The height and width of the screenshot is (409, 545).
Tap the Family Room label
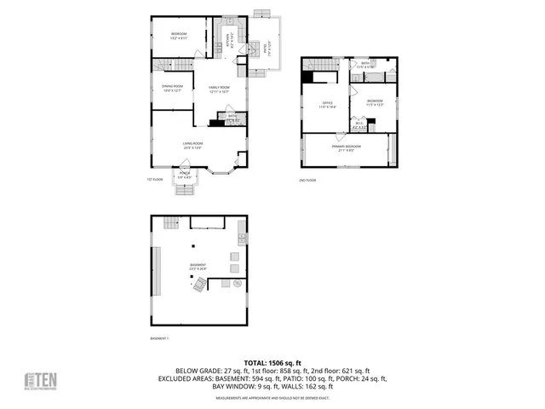click(x=209, y=88)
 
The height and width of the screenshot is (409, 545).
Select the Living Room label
click(x=192, y=145)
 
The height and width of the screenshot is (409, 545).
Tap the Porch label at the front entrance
click(x=185, y=175)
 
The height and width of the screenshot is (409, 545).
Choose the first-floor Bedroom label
click(x=179, y=35)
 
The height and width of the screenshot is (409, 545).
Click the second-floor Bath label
click(x=364, y=65)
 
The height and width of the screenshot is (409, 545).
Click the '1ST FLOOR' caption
click(x=154, y=181)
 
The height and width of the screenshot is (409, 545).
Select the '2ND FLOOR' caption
click(x=307, y=181)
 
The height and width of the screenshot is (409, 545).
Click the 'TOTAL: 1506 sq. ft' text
click(x=272, y=363)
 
